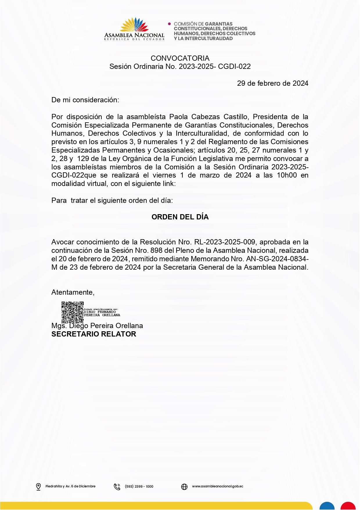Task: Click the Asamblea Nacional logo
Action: [134, 29]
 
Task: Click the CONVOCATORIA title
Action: [180, 58]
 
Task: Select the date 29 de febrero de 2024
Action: [273, 83]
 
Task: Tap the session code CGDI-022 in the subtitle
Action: [234, 67]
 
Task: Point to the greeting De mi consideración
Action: [85, 100]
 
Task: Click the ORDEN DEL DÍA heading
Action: [180, 217]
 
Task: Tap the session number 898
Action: [156, 250]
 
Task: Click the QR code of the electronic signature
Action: [72, 312]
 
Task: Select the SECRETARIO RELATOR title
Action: [93, 334]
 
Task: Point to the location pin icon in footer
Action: [38, 486]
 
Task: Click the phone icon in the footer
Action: [117, 486]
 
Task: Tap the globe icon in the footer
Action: [184, 486]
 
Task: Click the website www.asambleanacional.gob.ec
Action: [217, 486]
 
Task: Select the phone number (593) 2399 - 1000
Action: [139, 486]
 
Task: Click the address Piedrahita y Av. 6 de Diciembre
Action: [70, 486]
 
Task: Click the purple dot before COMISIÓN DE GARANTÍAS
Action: [170, 24]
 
